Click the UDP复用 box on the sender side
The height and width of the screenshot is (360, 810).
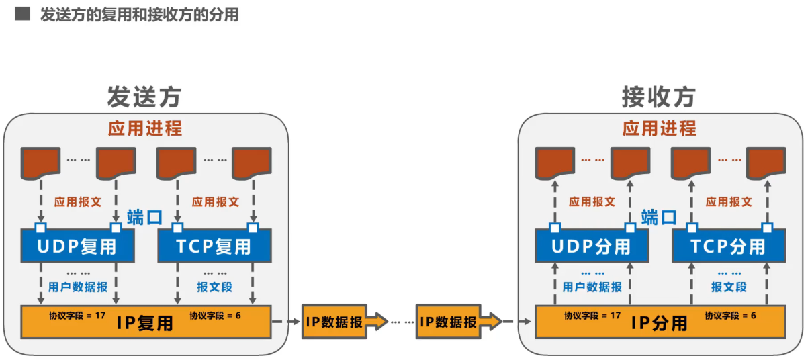click(77, 246)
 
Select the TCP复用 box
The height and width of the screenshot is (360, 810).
click(214, 246)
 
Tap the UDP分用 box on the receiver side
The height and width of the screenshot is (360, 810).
click(592, 246)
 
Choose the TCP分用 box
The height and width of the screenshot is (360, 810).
click(729, 246)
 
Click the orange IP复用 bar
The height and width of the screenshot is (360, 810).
click(146, 322)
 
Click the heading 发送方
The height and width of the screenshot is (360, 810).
click(144, 98)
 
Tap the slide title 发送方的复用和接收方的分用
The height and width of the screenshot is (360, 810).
click(139, 15)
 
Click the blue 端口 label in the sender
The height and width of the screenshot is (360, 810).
click(144, 217)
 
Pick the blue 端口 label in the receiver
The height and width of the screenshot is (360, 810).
click(659, 217)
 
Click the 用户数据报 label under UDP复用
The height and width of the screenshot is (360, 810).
click(78, 287)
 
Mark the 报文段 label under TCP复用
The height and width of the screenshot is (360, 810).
click(214, 287)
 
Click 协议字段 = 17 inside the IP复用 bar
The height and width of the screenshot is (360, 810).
click(77, 315)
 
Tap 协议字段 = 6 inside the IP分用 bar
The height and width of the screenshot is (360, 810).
click(730, 315)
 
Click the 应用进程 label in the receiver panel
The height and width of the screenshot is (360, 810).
click(660, 128)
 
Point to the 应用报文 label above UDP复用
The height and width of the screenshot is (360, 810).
click(77, 201)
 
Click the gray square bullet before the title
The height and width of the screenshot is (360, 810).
click(22, 14)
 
